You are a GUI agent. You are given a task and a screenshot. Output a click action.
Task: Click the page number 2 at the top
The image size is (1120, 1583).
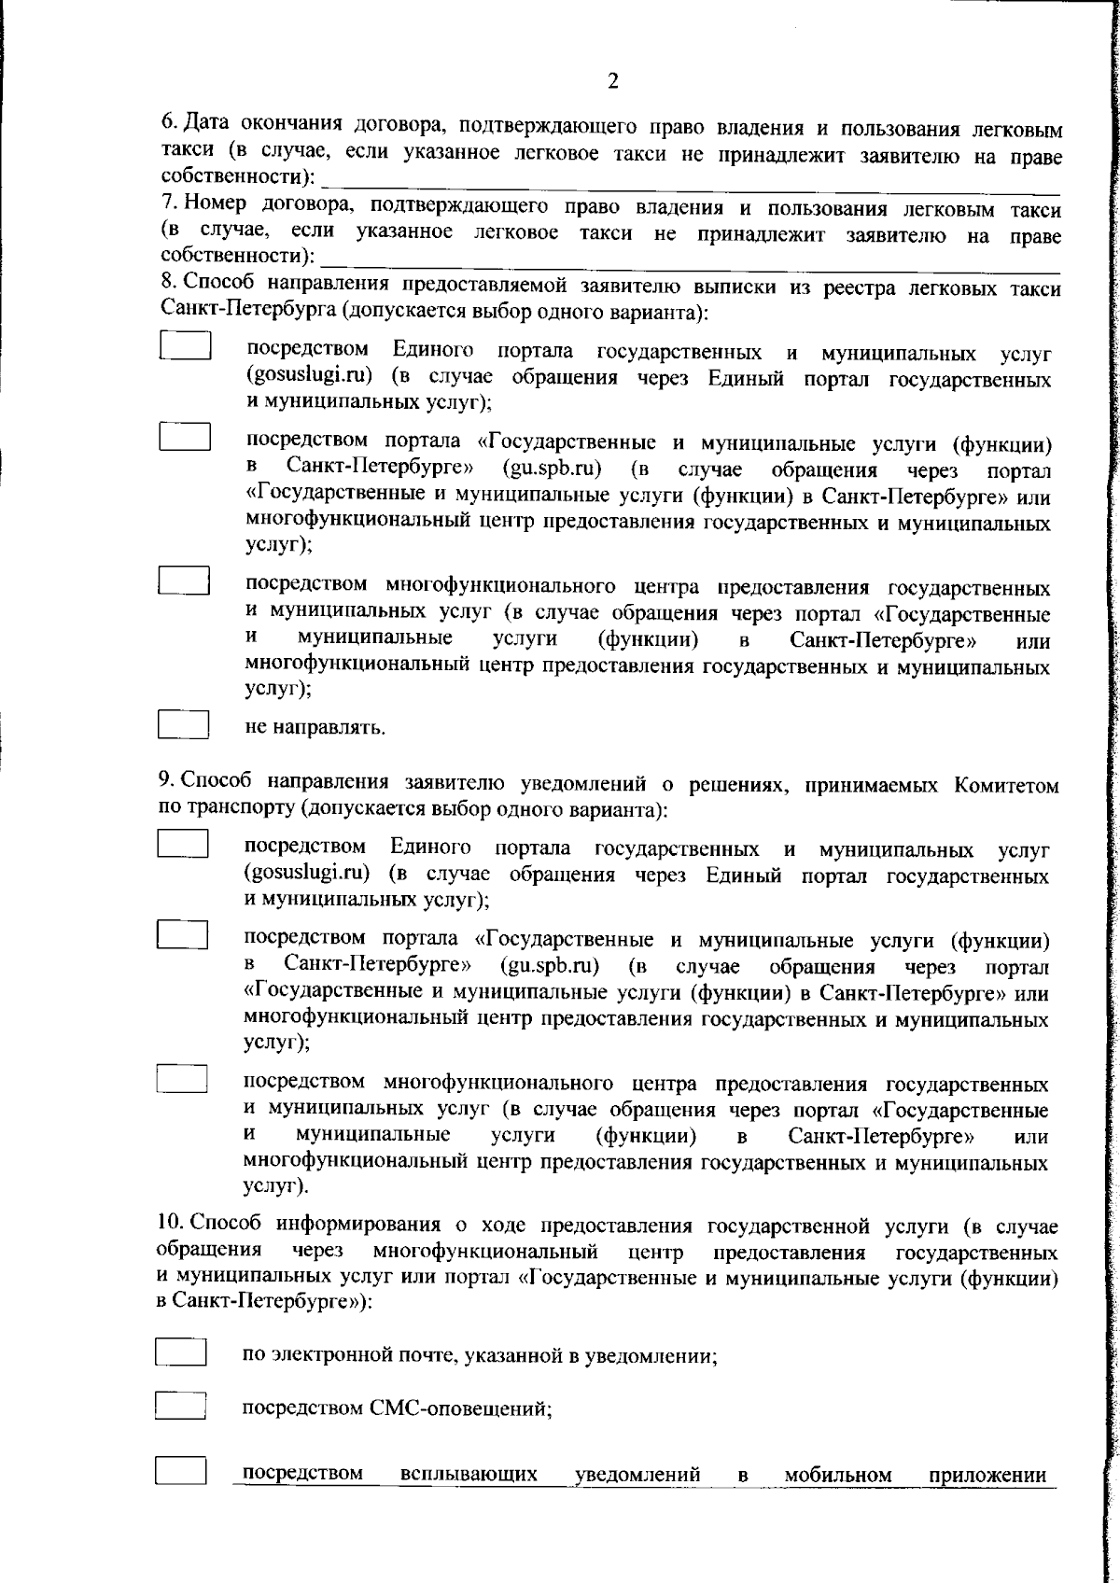pyautogui.click(x=612, y=81)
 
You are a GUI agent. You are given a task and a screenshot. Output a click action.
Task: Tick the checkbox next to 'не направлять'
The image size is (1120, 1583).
pyautogui.click(x=183, y=725)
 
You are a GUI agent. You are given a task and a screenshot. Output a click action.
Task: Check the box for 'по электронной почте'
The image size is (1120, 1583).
pyautogui.click(x=180, y=1352)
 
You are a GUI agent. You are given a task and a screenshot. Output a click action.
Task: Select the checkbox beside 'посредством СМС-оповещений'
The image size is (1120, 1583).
pyautogui.click(x=180, y=1406)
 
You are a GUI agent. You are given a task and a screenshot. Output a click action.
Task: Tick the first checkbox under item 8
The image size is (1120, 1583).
pyautogui.click(x=185, y=346)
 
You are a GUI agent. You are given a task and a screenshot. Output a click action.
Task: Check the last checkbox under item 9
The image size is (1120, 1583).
pyautogui.click(x=182, y=1079)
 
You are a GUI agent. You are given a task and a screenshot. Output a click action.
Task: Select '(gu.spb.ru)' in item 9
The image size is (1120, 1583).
pyautogui.click(x=550, y=965)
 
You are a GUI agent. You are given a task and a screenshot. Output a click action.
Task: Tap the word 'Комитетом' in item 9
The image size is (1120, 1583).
pyautogui.click(x=1006, y=785)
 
